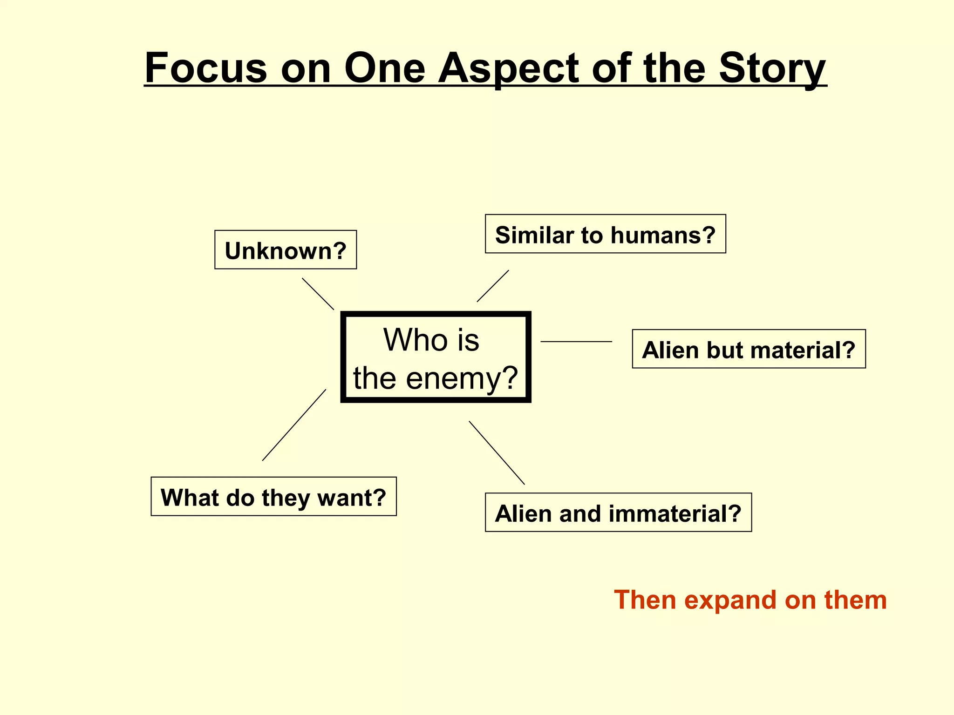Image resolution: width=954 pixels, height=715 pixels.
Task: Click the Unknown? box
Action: point(286,250)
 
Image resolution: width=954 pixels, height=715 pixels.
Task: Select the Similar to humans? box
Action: point(605,234)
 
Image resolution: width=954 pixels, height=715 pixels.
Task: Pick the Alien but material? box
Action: point(749,349)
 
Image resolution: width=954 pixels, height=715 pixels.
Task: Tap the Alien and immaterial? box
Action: point(618,513)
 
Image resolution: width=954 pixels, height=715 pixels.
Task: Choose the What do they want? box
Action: point(273,497)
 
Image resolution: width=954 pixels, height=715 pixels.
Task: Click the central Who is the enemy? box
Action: point(436,357)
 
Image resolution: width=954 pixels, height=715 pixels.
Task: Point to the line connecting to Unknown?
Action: point(318,294)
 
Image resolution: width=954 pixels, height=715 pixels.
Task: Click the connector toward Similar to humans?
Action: point(493,286)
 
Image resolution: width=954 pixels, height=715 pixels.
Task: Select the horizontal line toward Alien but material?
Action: point(576,342)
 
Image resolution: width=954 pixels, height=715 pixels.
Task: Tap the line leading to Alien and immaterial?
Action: point(497,452)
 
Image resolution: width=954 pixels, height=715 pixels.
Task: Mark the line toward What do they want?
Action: point(294,425)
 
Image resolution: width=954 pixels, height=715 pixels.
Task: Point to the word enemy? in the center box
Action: point(462,378)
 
